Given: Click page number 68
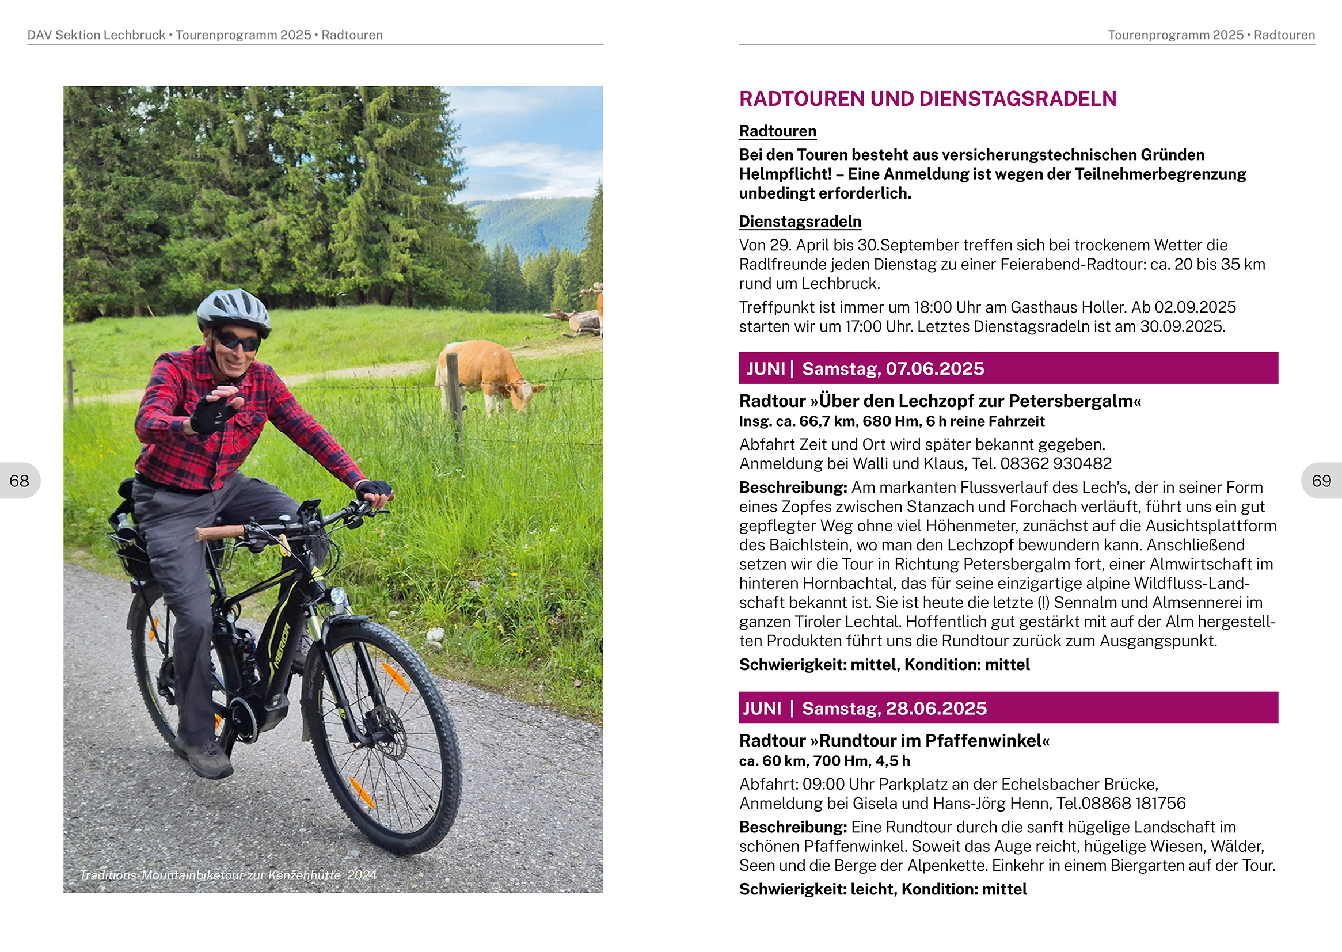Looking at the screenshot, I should coord(20,481).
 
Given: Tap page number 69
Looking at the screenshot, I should coord(1321,481).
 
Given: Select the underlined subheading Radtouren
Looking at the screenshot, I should coord(777,131).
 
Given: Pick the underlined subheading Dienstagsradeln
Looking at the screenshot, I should coord(800,222).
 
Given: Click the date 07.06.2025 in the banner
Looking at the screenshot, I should coord(934,369).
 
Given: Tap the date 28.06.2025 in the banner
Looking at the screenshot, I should coord(936,709).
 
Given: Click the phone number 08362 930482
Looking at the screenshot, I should coord(1055,464).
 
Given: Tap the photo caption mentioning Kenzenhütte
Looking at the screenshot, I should coord(228,875).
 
